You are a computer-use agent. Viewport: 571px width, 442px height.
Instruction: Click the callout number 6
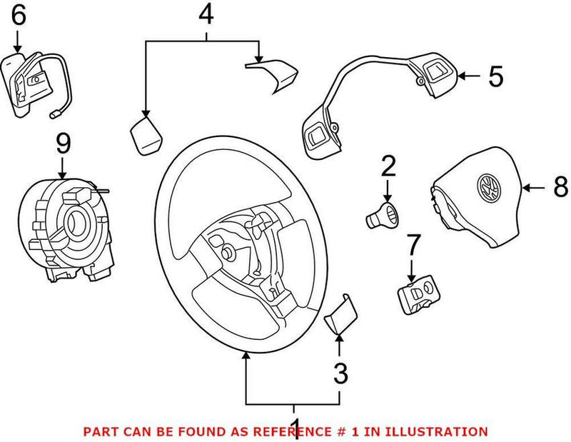click(16, 15)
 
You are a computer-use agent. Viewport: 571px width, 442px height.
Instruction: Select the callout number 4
click(206, 14)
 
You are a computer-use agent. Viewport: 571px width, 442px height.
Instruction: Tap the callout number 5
click(495, 76)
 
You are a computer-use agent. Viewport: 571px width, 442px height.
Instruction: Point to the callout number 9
click(63, 144)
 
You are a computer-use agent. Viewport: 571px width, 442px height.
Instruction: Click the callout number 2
click(388, 166)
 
